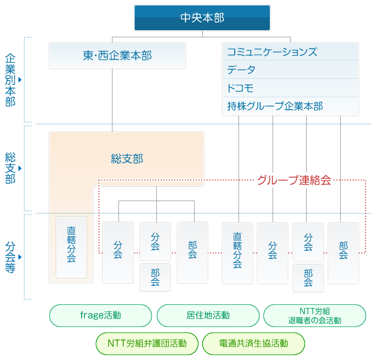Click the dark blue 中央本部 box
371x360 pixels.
coord(202,17)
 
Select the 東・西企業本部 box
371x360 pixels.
coord(117,56)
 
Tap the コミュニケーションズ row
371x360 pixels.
coord(290,52)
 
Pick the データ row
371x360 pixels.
coord(290,70)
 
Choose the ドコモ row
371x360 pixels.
coord(290,88)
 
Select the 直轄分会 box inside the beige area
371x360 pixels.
coord(71,248)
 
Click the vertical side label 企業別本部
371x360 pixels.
coord(10,79)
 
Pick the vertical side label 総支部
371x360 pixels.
coord(10,168)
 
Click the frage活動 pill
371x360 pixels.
coord(100,315)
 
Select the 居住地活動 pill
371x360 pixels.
coord(208,315)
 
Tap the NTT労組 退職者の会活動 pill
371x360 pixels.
coord(315,315)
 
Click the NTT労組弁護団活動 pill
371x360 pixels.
coord(147,343)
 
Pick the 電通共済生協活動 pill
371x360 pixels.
coord(253,343)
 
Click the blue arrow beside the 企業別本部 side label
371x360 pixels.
coord(19,80)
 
